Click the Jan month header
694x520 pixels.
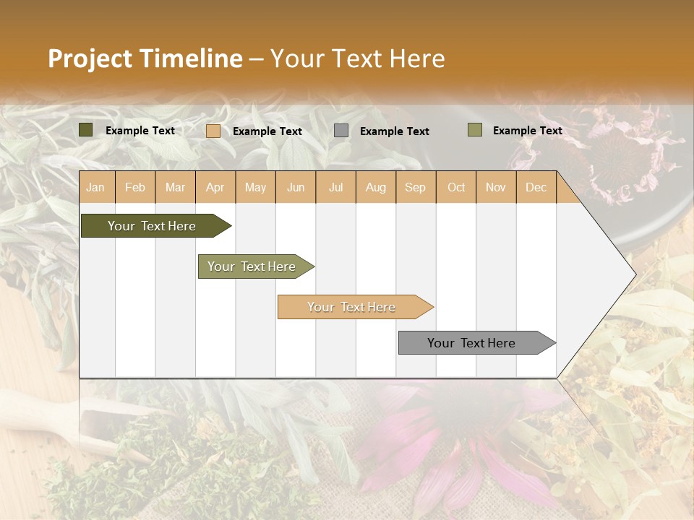coord(95,187)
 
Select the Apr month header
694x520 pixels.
coord(215,187)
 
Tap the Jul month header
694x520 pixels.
coord(335,187)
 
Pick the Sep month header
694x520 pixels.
coord(415,187)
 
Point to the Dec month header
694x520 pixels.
coord(536,187)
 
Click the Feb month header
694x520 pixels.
coord(135,187)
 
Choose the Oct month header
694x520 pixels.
coord(456,187)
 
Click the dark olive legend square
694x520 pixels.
coord(86,130)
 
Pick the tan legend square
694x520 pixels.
coord(213,131)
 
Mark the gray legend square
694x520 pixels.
coord(341,131)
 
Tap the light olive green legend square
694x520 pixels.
coord(474,130)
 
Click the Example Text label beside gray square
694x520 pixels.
coord(394,131)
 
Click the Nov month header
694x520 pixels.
coord(496,187)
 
